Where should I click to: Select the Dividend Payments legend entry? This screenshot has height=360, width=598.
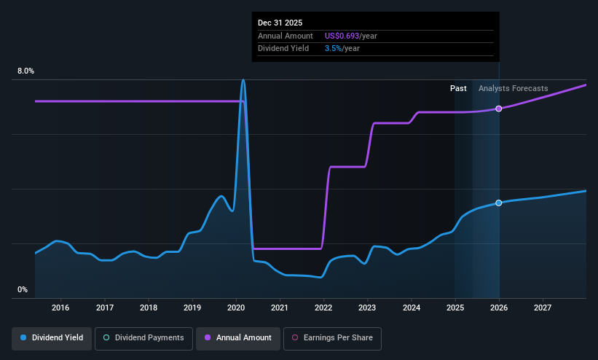click(144, 338)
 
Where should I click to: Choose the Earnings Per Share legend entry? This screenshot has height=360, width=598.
click(332, 338)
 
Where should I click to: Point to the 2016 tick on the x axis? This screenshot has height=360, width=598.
click(60, 308)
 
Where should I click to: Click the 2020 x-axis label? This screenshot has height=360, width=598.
click(236, 308)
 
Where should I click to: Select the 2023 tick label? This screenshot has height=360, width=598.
click(368, 308)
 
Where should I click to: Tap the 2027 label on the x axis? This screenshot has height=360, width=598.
click(543, 308)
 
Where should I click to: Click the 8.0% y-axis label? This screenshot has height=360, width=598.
click(25, 71)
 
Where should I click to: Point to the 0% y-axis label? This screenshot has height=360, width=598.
click(23, 290)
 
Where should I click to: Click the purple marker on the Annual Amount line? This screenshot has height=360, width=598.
click(499, 109)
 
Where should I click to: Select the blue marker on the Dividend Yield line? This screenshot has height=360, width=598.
click(499, 203)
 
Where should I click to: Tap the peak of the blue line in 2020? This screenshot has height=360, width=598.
click(243, 80)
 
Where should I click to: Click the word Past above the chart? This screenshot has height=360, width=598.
click(458, 88)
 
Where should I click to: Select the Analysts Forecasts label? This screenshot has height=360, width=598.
click(513, 88)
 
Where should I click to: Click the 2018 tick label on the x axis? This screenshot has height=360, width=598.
click(148, 308)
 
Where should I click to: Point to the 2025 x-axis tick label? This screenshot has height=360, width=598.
click(455, 308)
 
